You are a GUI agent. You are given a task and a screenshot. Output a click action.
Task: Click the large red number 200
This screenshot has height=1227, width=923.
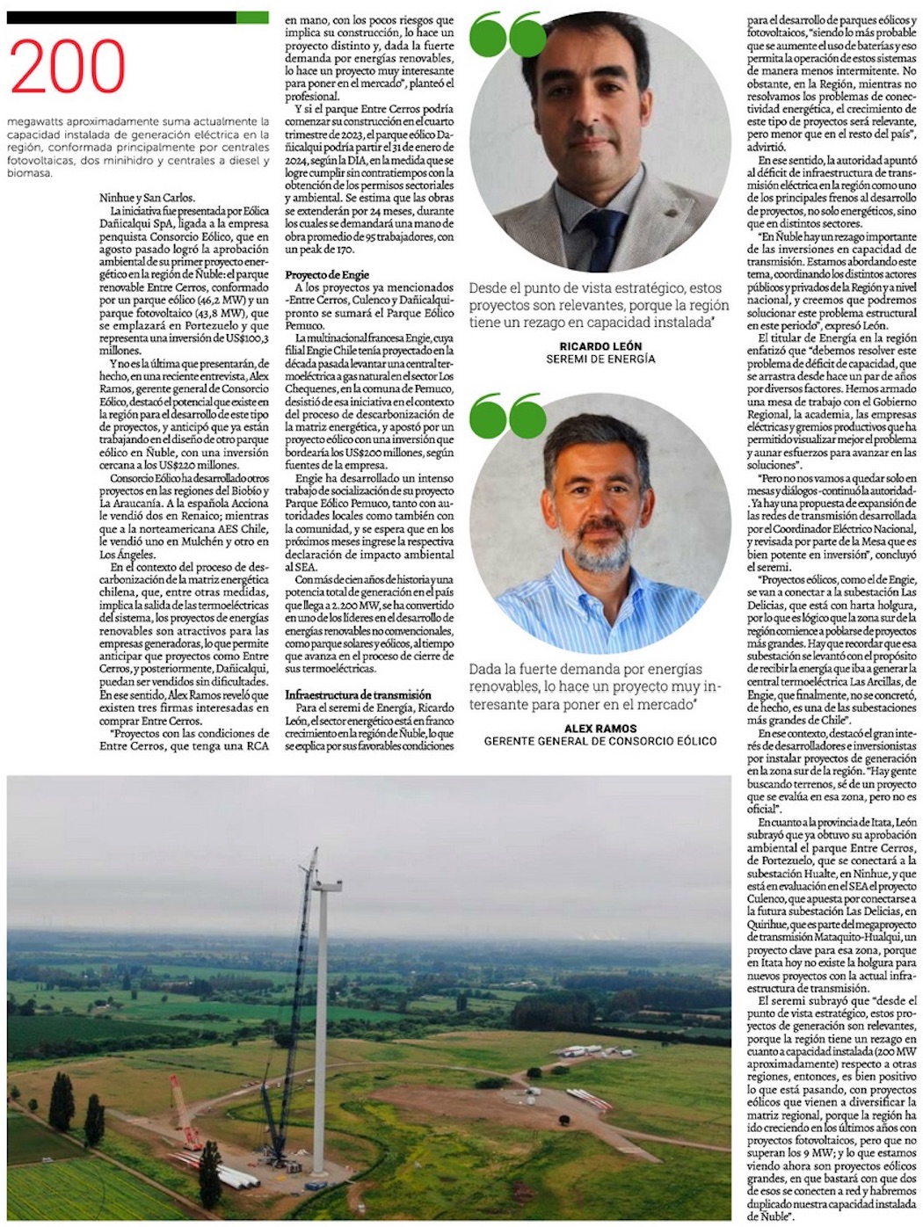pos(68,69)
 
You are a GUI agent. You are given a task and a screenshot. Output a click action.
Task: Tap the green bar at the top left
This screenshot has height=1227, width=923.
pos(253,18)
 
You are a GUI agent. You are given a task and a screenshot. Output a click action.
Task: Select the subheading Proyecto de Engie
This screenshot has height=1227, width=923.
pos(327,275)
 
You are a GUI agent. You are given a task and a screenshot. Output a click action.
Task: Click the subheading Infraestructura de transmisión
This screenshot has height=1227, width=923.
pos(358,694)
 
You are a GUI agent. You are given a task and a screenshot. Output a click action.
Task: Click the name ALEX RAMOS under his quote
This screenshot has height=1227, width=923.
pos(600,728)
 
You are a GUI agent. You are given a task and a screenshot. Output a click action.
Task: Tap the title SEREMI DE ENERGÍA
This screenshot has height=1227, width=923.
pos(600,359)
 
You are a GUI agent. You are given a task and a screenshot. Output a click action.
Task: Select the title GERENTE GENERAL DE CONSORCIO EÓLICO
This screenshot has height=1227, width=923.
pos(600,741)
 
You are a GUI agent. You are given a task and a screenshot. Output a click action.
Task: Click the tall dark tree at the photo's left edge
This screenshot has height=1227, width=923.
pos(62,1103)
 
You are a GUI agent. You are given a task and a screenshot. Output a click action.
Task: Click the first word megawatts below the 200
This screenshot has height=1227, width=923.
pos(34,120)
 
